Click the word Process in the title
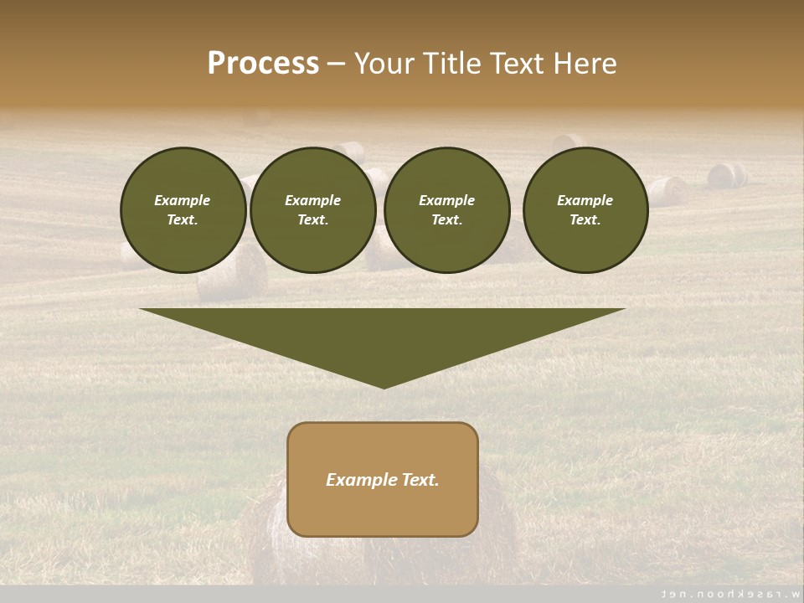tap(263, 64)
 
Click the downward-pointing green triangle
tap(382, 335)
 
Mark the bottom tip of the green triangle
tap(383, 387)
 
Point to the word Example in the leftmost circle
tap(182, 200)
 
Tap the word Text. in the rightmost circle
tap(585, 220)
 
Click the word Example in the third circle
tap(446, 200)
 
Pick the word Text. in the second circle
tap(312, 220)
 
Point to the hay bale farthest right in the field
tap(727, 175)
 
